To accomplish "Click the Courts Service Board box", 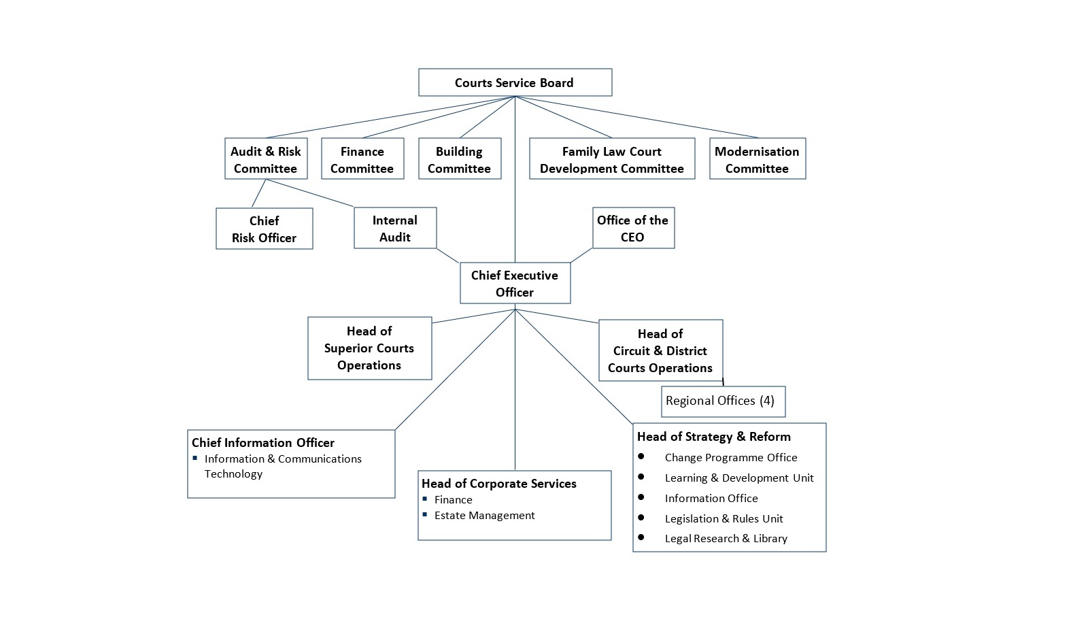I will click(515, 82).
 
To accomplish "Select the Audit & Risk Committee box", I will click(265, 159).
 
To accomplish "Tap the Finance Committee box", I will click(362, 159).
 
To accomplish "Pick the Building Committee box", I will click(459, 159).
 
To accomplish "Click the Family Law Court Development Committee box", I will click(611, 159).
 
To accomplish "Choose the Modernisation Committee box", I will click(757, 159).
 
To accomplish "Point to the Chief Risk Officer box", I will click(264, 229).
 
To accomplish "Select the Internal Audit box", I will click(394, 228).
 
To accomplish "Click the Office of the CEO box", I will click(632, 228).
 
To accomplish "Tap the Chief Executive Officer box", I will click(515, 283).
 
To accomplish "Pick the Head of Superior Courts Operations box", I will click(369, 348).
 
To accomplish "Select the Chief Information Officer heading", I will click(263, 442).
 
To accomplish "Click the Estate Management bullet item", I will click(484, 515).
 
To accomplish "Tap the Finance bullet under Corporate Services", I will click(453, 499).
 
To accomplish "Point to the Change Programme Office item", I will click(730, 457).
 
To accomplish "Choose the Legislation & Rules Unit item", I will click(724, 518).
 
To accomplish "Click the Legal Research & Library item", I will click(726, 538).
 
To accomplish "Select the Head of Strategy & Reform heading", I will click(713, 436).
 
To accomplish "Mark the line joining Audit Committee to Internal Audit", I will click(310, 193).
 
